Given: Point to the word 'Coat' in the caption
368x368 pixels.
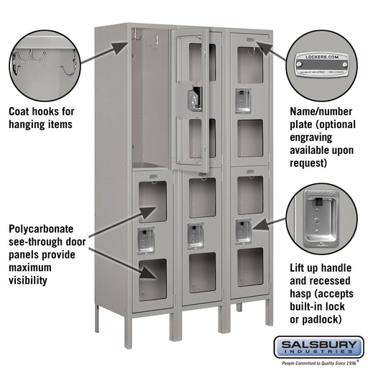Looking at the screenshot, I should point(22,111).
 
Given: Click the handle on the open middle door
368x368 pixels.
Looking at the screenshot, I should point(193,99).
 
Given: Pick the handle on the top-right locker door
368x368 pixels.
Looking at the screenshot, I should point(243,101).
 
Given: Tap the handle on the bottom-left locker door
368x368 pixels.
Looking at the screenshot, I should point(146,240).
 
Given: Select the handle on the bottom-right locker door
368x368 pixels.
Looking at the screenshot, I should point(243,229).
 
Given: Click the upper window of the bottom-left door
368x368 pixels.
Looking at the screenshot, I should point(152,202).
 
